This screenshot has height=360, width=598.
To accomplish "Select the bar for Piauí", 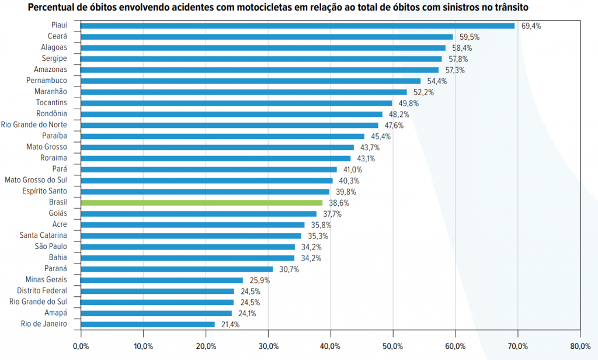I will point(297,26).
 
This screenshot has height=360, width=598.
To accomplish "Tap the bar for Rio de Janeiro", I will point(148,324).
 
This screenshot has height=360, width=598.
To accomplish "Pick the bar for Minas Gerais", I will point(162,280).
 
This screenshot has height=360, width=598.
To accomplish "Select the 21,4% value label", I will point(231,324).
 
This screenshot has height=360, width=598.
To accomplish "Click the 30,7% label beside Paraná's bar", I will point(288,269).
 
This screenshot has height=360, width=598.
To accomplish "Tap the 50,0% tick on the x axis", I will point(393,347).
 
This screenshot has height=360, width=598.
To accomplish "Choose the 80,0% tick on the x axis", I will point(579,347).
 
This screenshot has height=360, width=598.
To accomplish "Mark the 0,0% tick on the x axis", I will point(81,347).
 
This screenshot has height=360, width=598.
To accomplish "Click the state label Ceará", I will point(57,36).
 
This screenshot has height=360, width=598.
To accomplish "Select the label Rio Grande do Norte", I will point(34,124).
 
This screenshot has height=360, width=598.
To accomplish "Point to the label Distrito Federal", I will point(42,290).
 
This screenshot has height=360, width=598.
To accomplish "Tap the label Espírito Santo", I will point(44,191).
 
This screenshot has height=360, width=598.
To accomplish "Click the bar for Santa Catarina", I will point(191,236).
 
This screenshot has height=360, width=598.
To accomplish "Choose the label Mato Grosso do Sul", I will point(36,180).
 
